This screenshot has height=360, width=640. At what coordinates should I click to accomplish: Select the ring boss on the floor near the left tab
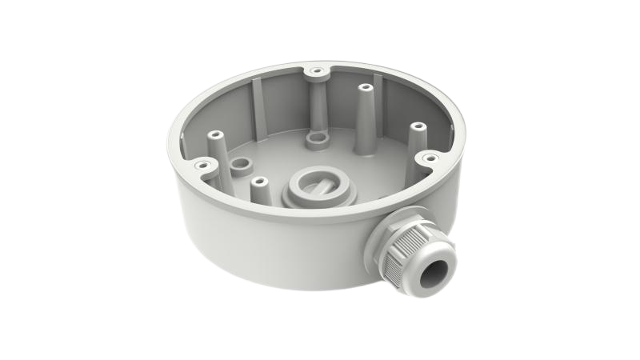[238, 169]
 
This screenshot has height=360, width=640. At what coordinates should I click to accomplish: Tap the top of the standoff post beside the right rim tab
[415, 127]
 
